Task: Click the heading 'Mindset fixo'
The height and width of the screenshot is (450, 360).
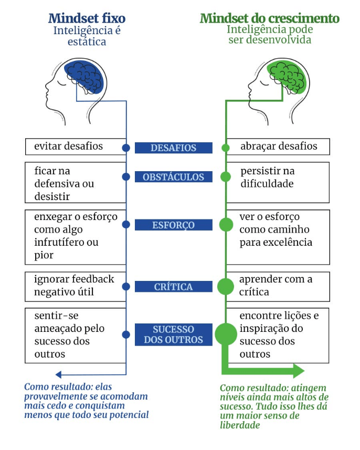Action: [x=87, y=18]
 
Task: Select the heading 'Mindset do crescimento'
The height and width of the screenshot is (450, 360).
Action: [x=270, y=18]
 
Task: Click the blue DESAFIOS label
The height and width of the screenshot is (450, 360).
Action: [x=173, y=148]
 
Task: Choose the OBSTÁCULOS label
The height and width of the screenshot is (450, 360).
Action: [x=173, y=177]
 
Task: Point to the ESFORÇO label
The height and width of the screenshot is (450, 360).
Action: [x=173, y=225]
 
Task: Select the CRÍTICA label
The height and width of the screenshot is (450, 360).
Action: [x=173, y=287]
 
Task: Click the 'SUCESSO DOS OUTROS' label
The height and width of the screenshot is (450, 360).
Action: [x=173, y=334]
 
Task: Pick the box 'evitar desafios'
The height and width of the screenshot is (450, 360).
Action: [x=76, y=146]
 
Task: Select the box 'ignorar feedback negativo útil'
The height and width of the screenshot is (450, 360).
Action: [x=76, y=286]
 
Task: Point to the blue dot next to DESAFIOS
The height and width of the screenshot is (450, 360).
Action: [x=126, y=148]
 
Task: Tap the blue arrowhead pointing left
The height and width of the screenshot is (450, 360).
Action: [x=59, y=374]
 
